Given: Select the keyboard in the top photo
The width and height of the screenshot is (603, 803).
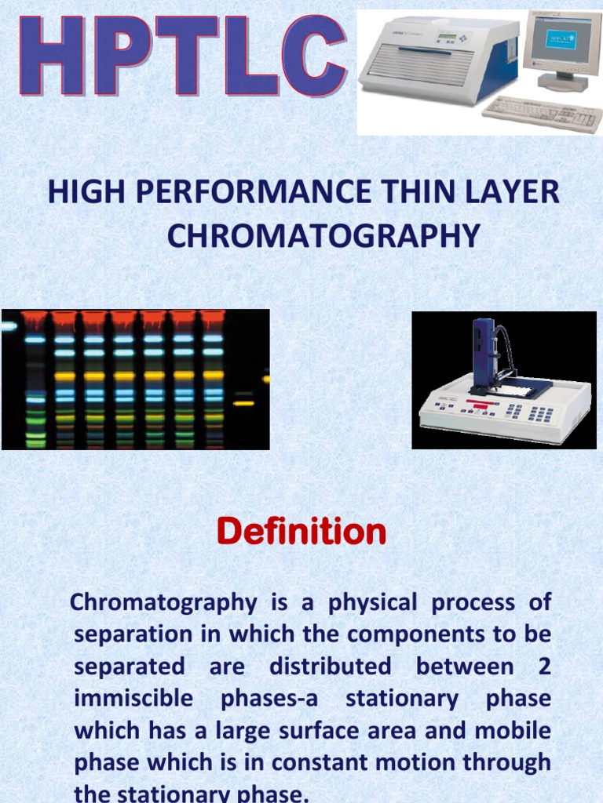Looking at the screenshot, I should click(542, 114).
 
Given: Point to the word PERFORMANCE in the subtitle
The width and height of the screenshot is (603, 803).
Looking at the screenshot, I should click(243, 192).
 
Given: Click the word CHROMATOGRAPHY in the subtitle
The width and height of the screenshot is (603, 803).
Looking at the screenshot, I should click(323, 234).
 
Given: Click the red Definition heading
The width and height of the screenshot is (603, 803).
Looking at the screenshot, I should click(301, 532).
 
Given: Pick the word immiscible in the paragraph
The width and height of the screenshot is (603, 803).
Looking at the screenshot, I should click(126, 698).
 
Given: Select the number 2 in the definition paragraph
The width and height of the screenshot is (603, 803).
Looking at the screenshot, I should click(543, 667).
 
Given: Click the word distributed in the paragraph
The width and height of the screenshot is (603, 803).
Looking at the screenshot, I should click(330, 667).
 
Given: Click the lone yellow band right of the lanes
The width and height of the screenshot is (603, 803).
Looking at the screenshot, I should click(243, 403).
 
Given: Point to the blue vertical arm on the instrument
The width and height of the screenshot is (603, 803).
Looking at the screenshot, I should click(483, 353).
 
